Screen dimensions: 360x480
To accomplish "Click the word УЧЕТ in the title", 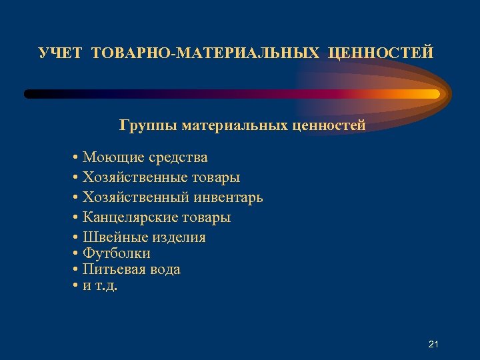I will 61,53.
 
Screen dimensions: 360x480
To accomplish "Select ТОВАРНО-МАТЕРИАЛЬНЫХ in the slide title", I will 205,53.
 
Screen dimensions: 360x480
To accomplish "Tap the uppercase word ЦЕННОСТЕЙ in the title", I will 381,53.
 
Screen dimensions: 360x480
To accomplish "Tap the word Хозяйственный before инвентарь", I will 136,198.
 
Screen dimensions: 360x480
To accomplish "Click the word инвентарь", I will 228,198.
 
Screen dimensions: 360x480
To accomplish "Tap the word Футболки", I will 116,254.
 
